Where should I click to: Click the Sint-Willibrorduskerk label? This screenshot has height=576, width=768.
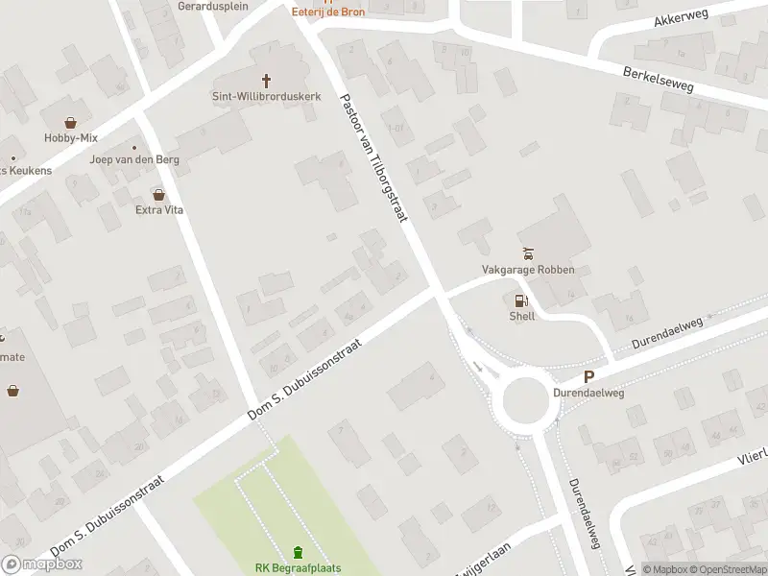(x=267, y=96)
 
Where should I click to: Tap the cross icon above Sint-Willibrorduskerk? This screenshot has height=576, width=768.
(x=267, y=81)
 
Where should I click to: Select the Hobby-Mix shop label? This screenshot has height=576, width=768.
(x=70, y=137)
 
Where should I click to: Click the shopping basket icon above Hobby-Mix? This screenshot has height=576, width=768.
(x=70, y=122)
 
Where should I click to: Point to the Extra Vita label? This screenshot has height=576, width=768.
(x=159, y=209)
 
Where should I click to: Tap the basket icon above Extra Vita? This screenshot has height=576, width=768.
(x=145, y=194)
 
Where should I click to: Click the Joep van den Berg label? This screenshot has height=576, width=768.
(x=122, y=159)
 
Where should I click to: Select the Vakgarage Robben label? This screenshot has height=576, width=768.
(x=528, y=270)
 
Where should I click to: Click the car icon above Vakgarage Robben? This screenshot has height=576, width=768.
(x=527, y=253)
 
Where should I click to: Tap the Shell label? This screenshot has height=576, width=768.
(x=522, y=316)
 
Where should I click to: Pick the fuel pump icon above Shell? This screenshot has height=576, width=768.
(x=521, y=300)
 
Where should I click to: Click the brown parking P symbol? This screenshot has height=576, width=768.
(x=588, y=378)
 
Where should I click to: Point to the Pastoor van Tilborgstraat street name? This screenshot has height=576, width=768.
(x=374, y=158)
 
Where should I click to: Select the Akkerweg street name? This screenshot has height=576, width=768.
(x=680, y=19)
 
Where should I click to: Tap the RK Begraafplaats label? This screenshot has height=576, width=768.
(x=298, y=567)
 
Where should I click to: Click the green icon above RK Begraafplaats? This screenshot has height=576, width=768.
(x=298, y=552)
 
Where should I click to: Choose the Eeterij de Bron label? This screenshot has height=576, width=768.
(x=328, y=12)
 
